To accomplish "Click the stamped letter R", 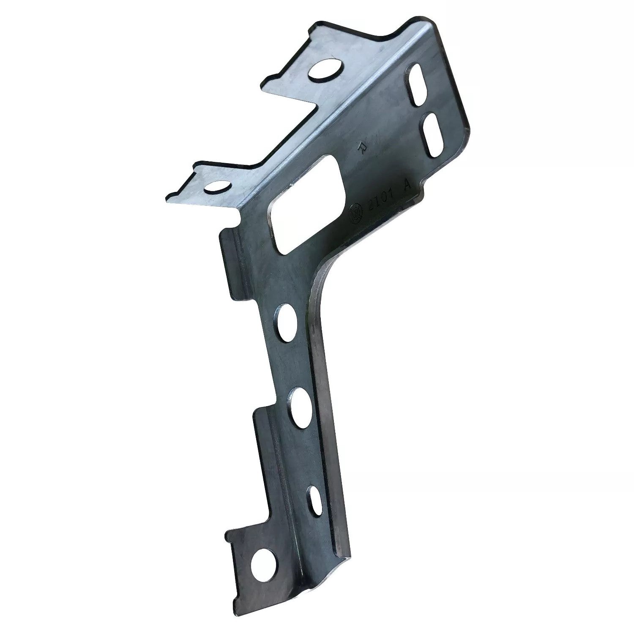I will point(362,147).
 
